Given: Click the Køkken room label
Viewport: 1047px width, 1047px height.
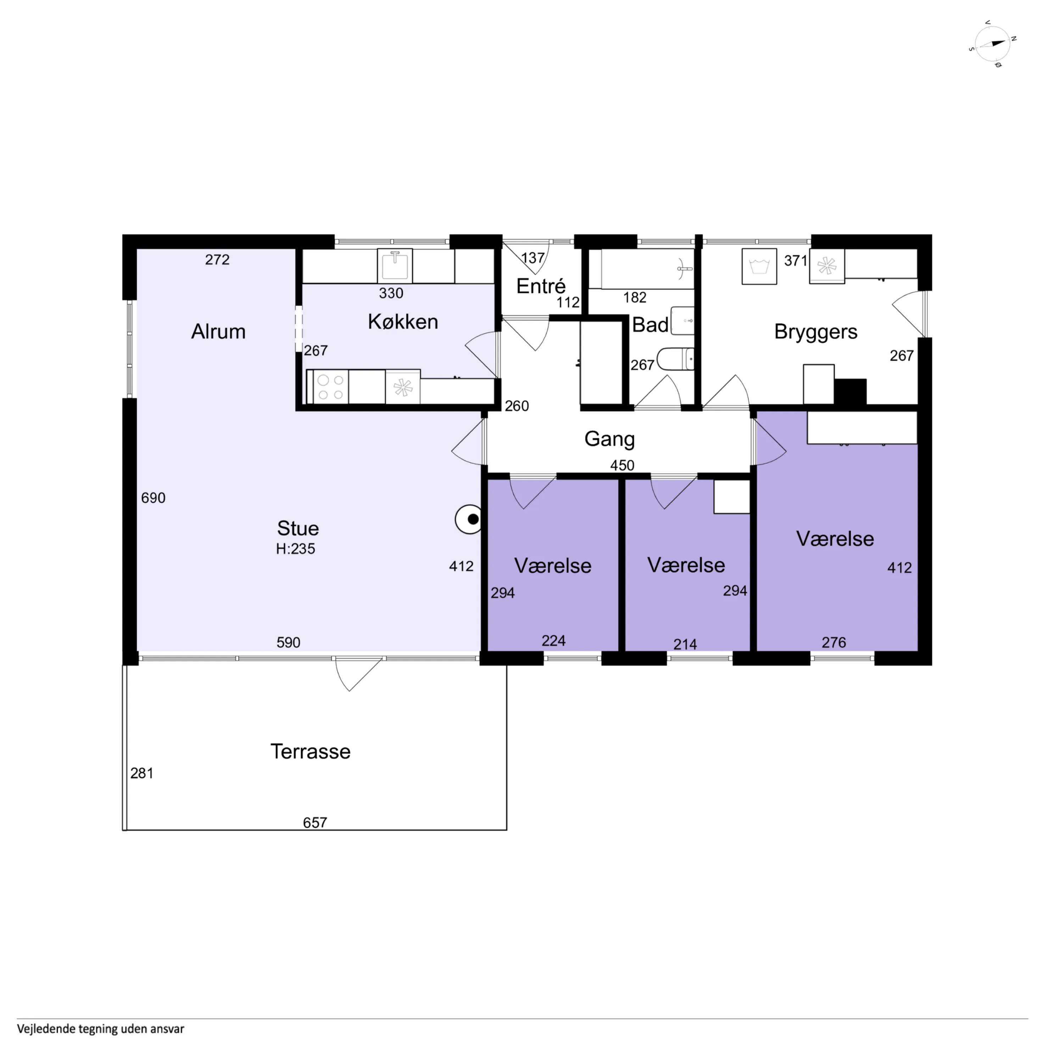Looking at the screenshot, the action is tap(403, 322).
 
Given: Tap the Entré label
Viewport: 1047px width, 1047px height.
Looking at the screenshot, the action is tap(541, 286).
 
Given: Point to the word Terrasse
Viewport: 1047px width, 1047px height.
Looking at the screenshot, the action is tap(311, 752).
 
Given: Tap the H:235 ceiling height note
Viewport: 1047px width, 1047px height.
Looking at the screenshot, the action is tap(295, 549).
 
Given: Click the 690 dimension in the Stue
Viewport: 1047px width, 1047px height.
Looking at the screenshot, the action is tap(154, 498).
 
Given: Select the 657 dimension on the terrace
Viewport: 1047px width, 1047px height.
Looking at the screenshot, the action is tap(315, 823).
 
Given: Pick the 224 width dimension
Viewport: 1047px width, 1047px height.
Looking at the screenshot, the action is tap(554, 641).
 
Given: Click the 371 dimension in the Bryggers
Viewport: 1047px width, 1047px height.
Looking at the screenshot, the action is tap(796, 261).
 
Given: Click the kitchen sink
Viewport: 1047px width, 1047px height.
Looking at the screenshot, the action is tap(395, 266).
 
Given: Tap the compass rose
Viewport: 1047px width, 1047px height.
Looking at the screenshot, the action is tap(992, 44).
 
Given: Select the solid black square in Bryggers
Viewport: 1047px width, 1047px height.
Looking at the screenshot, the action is tap(850, 392).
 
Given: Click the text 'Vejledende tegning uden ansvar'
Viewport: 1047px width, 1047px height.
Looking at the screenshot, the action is tap(101, 1029).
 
